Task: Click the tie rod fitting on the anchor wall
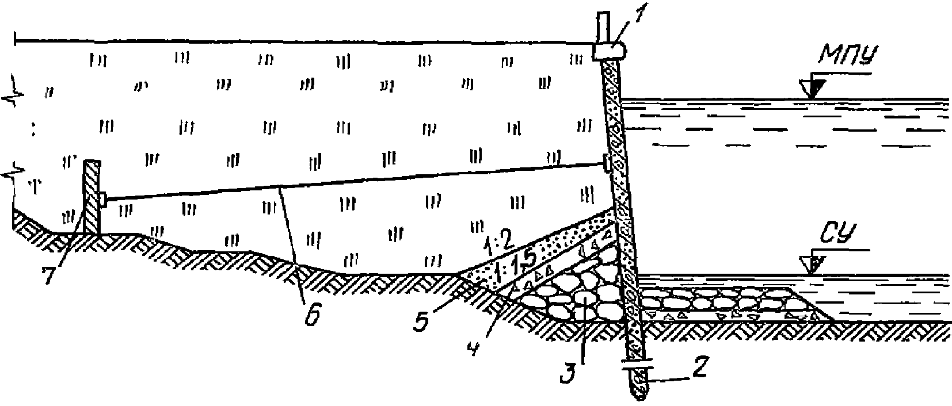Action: (102, 200)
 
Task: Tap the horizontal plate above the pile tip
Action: (637, 363)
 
